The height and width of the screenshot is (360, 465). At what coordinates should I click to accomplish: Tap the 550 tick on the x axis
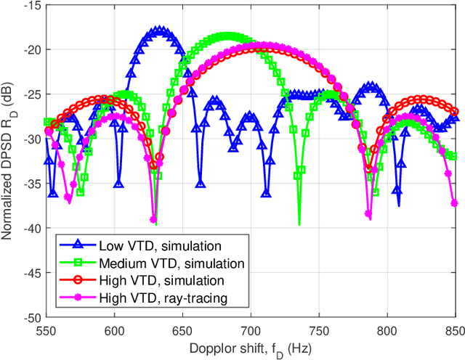[x=46, y=329]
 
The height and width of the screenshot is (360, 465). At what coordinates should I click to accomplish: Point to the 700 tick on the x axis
[x=251, y=329]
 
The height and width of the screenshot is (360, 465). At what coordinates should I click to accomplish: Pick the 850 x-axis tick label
[x=453, y=329]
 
